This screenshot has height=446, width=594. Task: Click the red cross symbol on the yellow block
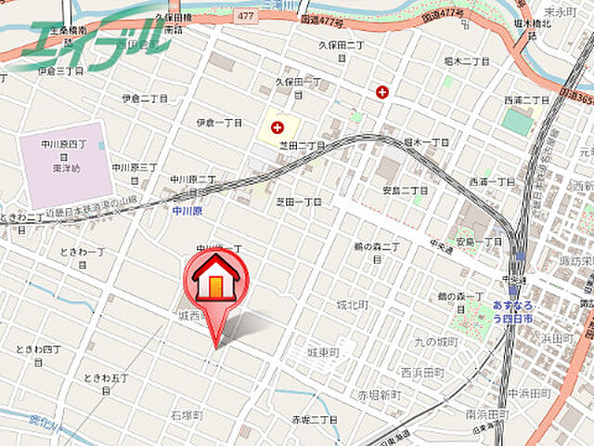277,126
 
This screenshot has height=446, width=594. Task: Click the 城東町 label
324,353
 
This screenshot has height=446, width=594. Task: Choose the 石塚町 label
187,414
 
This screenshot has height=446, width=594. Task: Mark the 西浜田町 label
422,372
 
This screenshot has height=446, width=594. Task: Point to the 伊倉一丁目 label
219,123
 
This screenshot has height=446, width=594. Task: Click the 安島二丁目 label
406,190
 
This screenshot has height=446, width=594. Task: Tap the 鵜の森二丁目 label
376,251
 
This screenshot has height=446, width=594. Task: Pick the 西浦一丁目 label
491,182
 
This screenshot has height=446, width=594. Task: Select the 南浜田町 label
485,413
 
